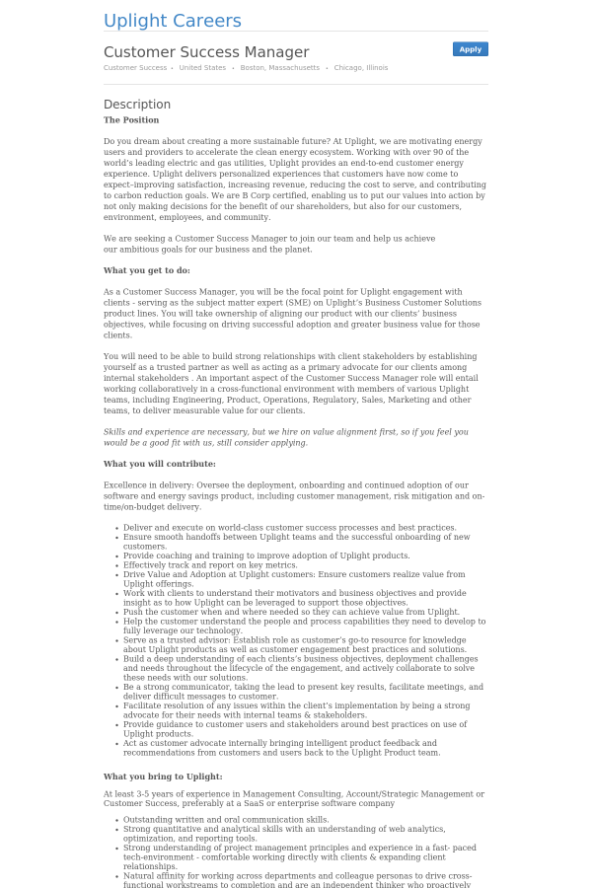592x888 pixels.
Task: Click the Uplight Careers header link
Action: tap(173, 22)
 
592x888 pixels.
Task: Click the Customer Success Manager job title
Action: tap(206, 52)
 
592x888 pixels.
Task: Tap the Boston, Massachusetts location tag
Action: tap(280, 68)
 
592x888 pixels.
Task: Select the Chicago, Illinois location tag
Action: tap(361, 68)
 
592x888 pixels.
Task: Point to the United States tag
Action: tap(202, 68)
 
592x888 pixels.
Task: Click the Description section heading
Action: tap(137, 105)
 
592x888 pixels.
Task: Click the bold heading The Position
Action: tap(131, 120)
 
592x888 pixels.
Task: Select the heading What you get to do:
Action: tap(147, 270)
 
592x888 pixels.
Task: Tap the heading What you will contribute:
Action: tap(160, 464)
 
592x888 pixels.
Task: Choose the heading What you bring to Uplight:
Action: tap(163, 777)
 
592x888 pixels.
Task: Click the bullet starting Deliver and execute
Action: tap(289, 528)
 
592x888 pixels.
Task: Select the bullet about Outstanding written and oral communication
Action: tap(226, 820)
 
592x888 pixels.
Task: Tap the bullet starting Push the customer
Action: tap(291, 612)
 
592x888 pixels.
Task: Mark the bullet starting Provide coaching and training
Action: tap(266, 555)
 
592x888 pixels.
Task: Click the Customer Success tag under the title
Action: tap(135, 68)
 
